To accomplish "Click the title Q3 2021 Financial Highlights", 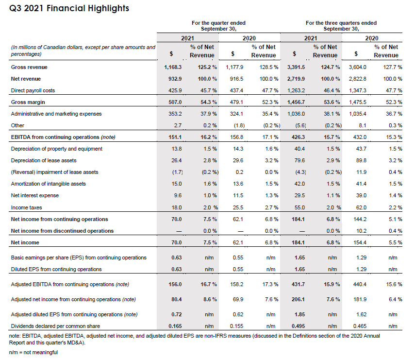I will click(69, 8).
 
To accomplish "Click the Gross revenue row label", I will click(29, 67).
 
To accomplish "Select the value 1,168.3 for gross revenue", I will click(173, 67).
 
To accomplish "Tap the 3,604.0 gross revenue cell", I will click(358, 67).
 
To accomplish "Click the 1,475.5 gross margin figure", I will click(358, 102).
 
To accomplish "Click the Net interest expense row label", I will click(34, 195).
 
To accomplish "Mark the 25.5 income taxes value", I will click(237, 207).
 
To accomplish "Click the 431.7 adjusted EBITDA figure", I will click(298, 284).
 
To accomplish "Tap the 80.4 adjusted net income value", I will click(176, 299).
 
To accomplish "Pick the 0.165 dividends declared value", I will click(175, 326).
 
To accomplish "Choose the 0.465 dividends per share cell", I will click(359, 326).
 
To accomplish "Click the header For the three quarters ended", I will click(341, 23).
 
